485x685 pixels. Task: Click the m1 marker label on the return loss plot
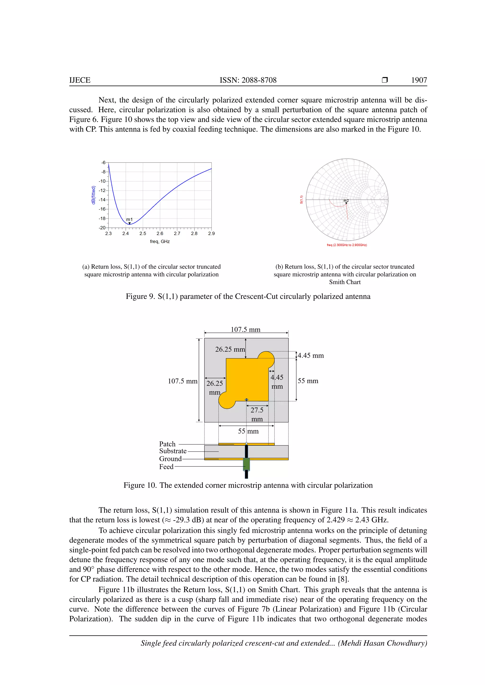point(129,219)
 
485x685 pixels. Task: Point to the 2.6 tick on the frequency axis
point(160,233)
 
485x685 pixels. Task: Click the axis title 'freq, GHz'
point(160,241)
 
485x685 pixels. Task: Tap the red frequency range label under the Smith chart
point(347,245)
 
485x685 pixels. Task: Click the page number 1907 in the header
point(419,80)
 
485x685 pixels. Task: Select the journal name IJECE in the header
point(80,80)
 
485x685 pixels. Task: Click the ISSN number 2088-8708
point(259,80)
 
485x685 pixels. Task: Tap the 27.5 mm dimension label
point(257,414)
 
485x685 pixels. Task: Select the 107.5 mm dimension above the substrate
point(246,329)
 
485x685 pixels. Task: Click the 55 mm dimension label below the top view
point(248,431)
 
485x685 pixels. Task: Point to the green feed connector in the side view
point(246,464)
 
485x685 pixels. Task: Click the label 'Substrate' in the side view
point(173,451)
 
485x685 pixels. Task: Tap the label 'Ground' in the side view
point(170,459)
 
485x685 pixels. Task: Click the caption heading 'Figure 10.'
point(140,485)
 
